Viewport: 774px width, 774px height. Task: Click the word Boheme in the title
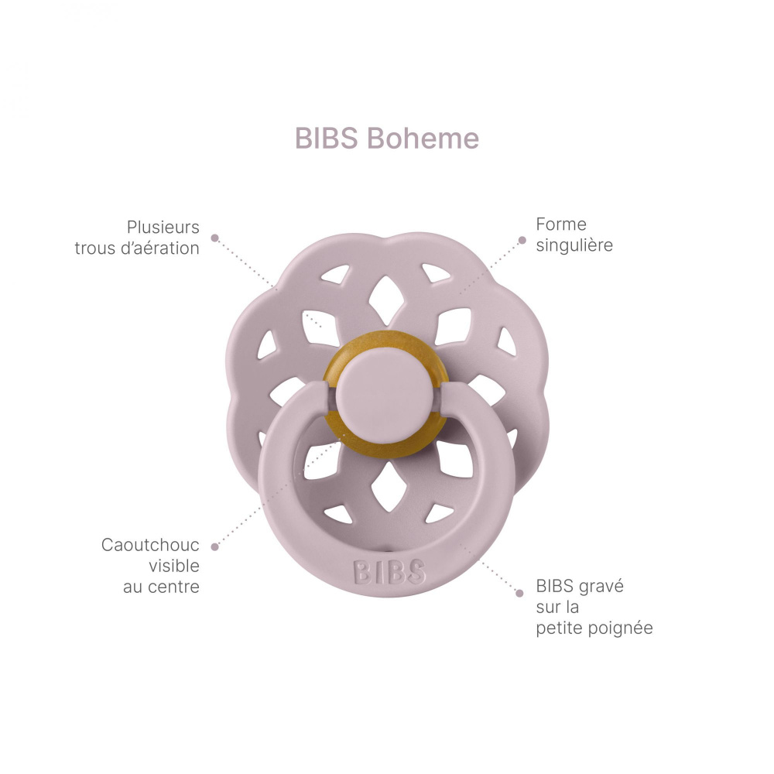point(423,138)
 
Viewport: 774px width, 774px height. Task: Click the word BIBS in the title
point(327,138)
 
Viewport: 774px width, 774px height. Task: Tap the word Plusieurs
point(163,227)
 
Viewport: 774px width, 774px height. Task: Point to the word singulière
point(574,245)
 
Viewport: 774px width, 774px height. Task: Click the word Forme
point(561,224)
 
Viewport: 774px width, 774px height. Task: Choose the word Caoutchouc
point(150,545)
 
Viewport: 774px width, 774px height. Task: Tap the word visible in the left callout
point(174,566)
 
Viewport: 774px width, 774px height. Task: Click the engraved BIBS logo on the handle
point(389,572)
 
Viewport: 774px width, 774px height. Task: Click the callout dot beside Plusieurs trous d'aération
point(214,238)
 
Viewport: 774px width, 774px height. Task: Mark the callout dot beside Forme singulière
point(522,241)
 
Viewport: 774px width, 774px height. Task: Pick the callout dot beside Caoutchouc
point(214,546)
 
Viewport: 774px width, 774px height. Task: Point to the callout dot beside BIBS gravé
point(519,593)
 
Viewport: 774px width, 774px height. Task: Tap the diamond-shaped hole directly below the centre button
point(389,487)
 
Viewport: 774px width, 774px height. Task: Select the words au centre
point(161,587)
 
